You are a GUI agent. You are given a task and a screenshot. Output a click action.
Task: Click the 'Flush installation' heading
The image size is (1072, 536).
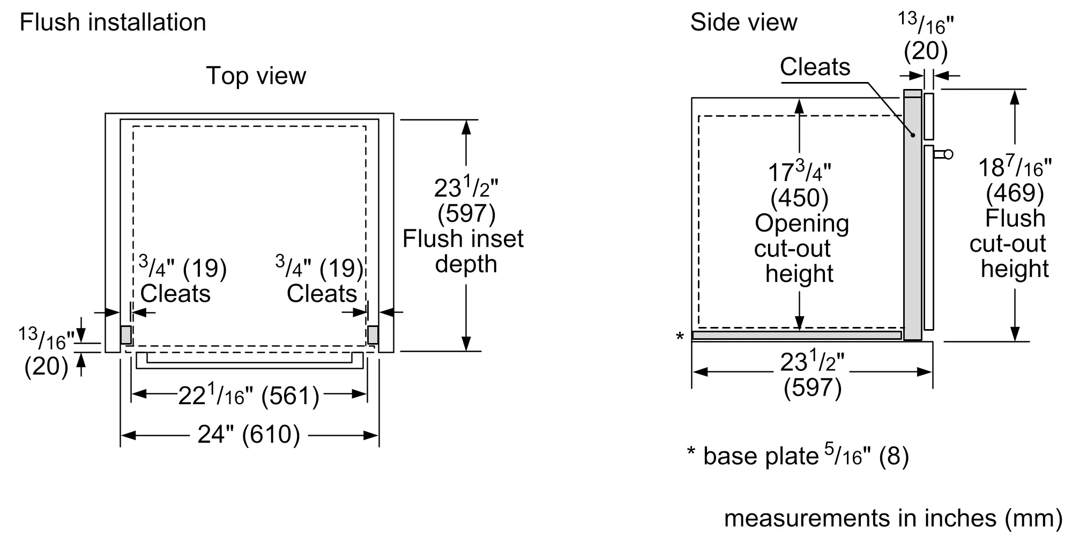(113, 23)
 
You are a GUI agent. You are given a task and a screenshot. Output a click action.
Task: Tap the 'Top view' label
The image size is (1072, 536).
(256, 76)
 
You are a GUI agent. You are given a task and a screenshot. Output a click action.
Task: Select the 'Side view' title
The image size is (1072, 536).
(743, 23)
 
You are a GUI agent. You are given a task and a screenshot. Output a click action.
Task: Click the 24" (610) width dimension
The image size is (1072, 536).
(249, 435)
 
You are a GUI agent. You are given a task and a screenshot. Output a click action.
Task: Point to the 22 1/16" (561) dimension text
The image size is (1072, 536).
(249, 396)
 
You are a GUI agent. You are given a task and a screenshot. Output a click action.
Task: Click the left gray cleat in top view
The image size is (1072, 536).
(125, 335)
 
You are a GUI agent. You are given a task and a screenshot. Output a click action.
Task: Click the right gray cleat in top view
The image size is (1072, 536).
(373, 335)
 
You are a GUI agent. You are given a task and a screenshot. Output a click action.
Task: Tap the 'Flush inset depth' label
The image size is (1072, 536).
(463, 251)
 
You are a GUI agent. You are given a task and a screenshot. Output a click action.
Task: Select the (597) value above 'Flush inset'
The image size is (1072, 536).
(466, 214)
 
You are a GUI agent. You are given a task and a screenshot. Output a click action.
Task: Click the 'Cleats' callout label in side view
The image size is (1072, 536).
(815, 67)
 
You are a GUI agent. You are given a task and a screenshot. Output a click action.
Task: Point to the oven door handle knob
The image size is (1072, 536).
(948, 154)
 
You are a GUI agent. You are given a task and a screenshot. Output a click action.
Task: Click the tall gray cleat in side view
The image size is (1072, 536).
(913, 214)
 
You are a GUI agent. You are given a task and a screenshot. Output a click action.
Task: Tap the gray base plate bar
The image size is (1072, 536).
(797, 336)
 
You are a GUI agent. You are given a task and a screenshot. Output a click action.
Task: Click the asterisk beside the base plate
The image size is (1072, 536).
(680, 337)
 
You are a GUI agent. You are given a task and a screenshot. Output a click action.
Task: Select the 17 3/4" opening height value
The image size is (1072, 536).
(799, 172)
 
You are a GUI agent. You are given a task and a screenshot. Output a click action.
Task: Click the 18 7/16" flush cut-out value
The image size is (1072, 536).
(1015, 167)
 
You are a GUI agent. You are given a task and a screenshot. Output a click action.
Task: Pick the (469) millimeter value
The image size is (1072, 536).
(1015, 193)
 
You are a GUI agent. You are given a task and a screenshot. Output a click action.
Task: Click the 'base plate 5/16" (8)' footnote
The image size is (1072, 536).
(798, 456)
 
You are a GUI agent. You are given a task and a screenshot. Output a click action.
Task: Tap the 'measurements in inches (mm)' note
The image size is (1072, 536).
(894, 518)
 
